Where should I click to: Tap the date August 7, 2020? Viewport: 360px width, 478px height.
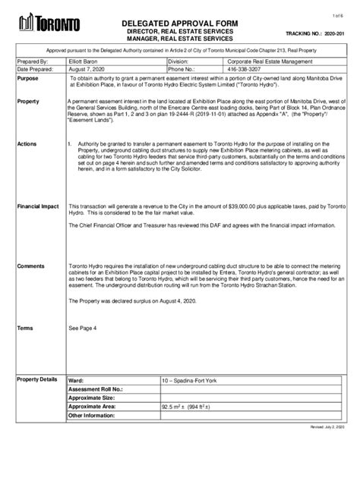(x=88, y=68)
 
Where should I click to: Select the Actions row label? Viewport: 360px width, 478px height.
(x=27, y=142)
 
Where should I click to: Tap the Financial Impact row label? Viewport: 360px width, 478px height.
(x=38, y=206)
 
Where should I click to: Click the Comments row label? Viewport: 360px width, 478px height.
(x=32, y=266)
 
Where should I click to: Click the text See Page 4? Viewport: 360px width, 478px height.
(x=83, y=327)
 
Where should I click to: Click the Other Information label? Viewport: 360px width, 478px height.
(x=94, y=416)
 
